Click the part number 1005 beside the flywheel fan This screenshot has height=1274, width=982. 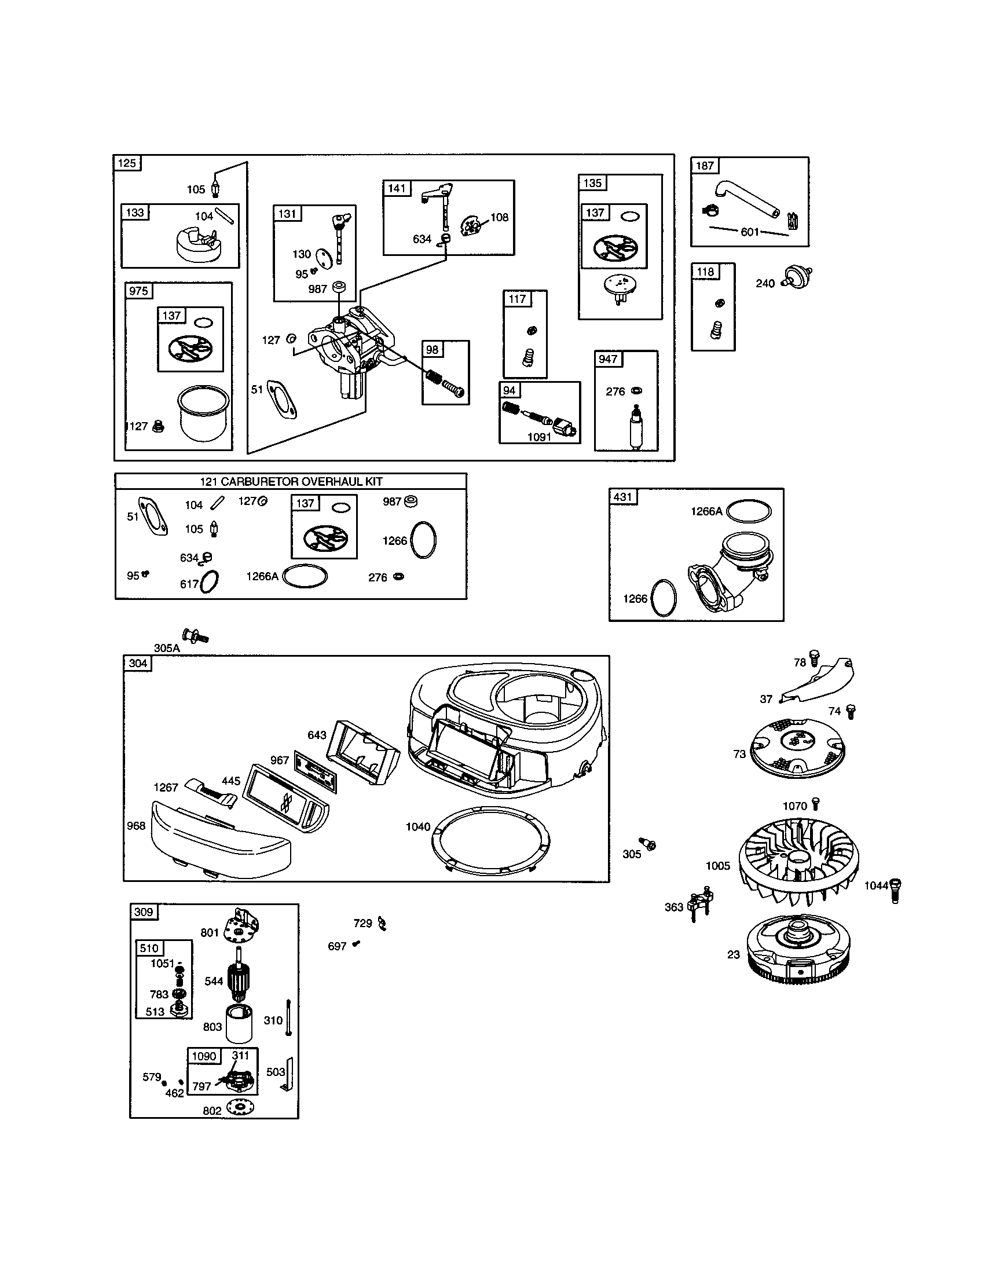pos(718,866)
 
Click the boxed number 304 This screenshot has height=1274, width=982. pos(138,663)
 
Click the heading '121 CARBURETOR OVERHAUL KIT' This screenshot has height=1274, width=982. pos(291,481)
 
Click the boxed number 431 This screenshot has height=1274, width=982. pos(623,496)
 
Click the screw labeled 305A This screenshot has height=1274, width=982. pos(195,635)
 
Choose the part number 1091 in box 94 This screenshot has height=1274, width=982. pos(539,437)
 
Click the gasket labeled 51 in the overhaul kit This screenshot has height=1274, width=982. pos(153,515)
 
